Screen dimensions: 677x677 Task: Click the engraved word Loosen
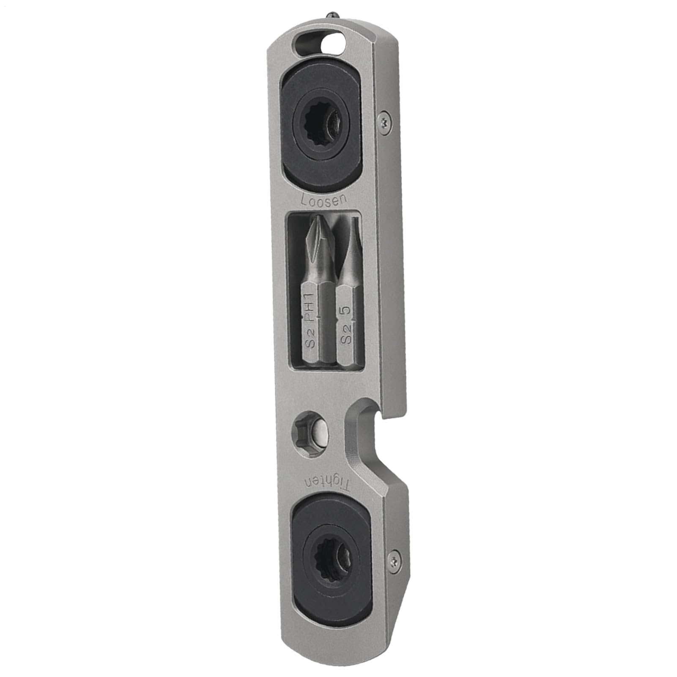coord(323,199)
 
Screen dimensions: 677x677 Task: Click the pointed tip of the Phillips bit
coord(314,217)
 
